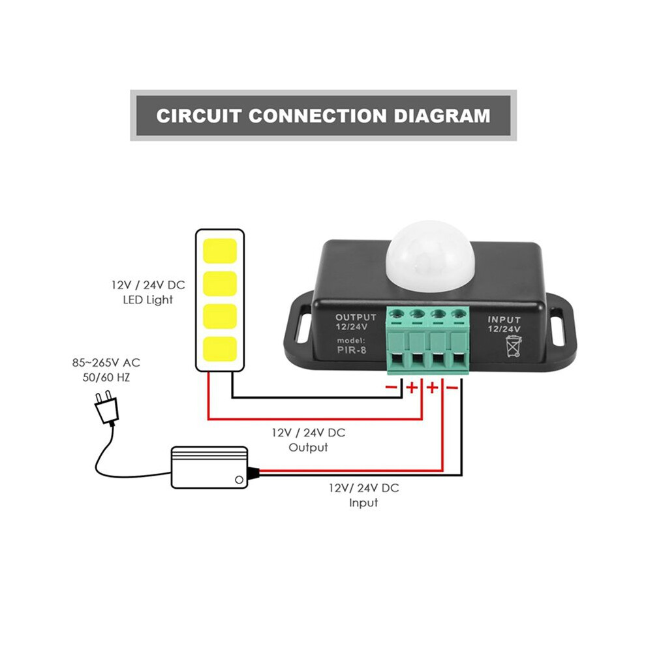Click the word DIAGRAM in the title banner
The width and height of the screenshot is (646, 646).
point(442,115)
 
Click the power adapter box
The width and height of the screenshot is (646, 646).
point(209,467)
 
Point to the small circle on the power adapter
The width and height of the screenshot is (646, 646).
point(239,480)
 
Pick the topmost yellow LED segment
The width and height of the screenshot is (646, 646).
point(220,251)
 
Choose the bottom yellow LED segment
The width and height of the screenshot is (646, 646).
point(220,349)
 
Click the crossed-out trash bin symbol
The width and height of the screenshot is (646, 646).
point(514,346)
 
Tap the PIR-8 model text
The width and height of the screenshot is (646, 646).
point(352,350)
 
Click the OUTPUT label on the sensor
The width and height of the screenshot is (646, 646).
point(356,317)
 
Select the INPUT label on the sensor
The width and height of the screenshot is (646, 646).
point(504,320)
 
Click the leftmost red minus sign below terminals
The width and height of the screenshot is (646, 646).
point(391,387)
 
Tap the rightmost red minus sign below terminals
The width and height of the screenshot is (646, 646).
point(452,388)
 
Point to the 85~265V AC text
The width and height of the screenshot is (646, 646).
point(106,363)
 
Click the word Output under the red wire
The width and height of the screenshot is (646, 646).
point(308,448)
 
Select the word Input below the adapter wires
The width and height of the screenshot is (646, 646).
point(363,503)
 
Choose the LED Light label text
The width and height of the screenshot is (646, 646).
point(148,300)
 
